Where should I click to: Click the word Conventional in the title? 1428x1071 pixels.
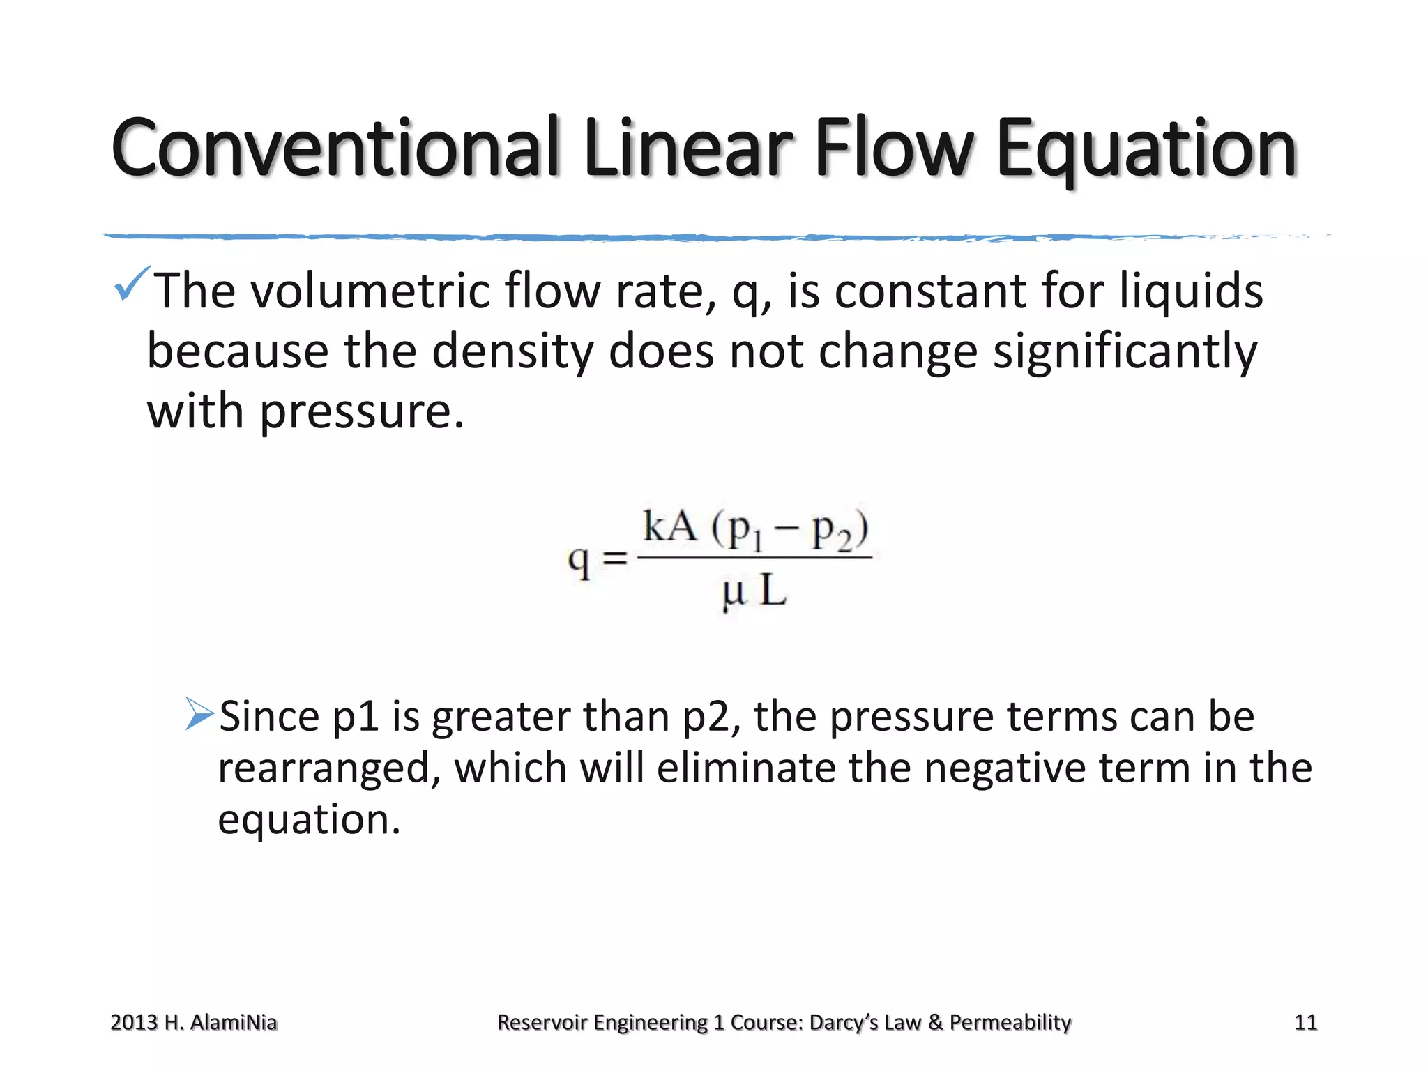click(x=335, y=149)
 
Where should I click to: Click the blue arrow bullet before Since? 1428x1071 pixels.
click(x=199, y=714)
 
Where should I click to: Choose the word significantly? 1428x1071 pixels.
click(x=1125, y=351)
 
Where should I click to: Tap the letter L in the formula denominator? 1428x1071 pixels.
click(x=773, y=591)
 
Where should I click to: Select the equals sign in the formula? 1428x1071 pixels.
click(x=614, y=558)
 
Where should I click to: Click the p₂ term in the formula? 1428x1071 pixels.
click(x=833, y=531)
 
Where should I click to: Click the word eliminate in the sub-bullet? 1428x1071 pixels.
click(x=745, y=768)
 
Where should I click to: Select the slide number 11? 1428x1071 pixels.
click(x=1305, y=1022)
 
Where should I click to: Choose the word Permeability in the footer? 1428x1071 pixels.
click(x=1010, y=1022)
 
